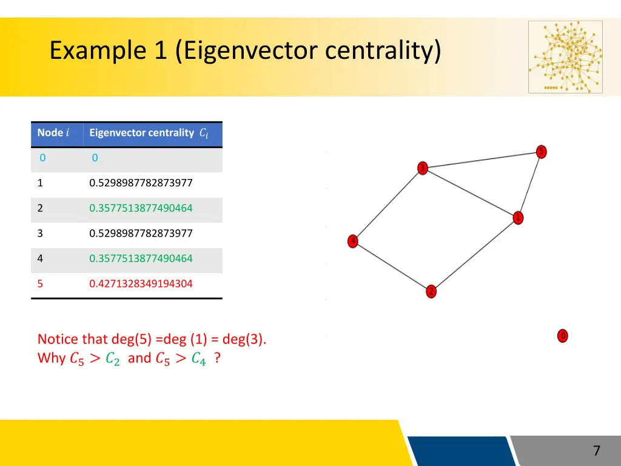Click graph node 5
(542, 152)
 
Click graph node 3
(423, 168)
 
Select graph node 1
(518, 218)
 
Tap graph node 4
(353, 241)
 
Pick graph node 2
(431, 291)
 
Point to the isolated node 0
(562, 336)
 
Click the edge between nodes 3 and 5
(482, 160)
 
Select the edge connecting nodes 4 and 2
(392, 266)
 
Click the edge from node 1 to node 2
(474, 255)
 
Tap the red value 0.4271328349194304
(141, 283)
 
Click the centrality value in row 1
(141, 183)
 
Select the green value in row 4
(141, 258)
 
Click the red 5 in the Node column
(40, 283)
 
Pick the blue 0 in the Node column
(42, 158)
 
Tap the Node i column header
(53, 133)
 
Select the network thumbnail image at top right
(565, 57)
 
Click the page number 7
(596, 451)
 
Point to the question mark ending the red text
(217, 358)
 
